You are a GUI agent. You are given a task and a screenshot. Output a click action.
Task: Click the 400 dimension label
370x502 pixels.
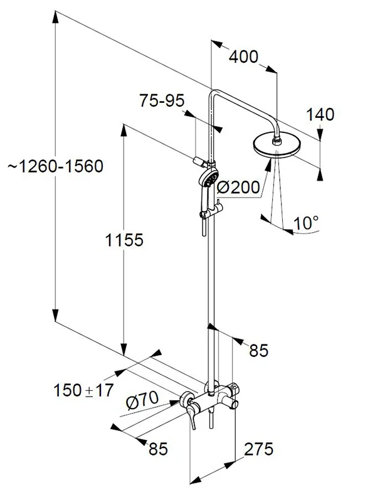tap(243, 56)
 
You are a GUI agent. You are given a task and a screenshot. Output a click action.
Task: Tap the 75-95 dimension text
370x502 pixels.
tap(162, 100)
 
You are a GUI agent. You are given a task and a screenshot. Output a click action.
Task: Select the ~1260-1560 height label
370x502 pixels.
tap(56, 166)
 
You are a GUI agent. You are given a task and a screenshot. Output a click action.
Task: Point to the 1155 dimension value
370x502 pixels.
tap(124, 240)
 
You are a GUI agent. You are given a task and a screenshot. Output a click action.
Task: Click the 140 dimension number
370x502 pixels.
tap(320, 114)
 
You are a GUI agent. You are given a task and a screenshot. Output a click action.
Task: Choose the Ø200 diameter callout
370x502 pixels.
tap(238, 187)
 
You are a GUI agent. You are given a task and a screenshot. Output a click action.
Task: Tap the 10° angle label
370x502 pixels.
tap(306, 223)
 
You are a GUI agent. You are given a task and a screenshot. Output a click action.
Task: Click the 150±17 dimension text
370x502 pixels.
tap(83, 390)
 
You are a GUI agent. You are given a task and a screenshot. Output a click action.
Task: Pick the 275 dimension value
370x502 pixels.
tap(258, 449)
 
